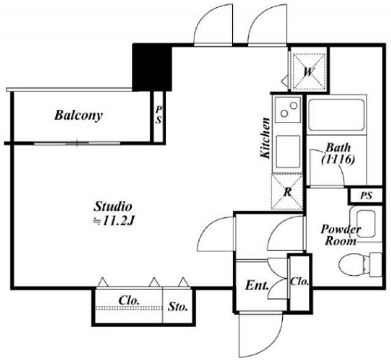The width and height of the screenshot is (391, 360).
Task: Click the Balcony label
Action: [x=78, y=115]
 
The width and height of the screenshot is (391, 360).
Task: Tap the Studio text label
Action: [x=112, y=206]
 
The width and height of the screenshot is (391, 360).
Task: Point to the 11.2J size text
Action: [x=115, y=221]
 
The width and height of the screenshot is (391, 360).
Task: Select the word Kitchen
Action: [x=265, y=138]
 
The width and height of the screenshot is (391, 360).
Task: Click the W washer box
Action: [x=309, y=72]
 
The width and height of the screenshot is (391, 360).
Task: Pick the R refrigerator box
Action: [x=288, y=192]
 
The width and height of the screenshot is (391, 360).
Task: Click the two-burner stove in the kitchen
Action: [x=288, y=109]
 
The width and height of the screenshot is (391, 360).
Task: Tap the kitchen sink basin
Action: [x=288, y=151]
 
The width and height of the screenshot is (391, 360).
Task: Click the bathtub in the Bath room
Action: [x=336, y=115]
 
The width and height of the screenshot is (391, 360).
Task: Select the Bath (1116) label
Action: [x=338, y=153]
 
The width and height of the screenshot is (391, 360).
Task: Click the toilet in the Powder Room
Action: [x=360, y=265]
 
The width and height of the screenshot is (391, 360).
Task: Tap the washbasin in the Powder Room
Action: [x=366, y=223]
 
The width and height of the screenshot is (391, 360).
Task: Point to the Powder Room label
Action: [x=341, y=235]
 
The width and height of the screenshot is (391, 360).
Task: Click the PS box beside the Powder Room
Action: [x=366, y=195]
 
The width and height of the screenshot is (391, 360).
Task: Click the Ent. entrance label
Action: [x=257, y=285]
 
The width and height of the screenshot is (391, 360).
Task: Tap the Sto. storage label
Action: [x=178, y=307]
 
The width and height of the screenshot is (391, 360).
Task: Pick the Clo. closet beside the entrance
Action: [x=299, y=282]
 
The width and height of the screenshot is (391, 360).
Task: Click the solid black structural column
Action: [x=152, y=67]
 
